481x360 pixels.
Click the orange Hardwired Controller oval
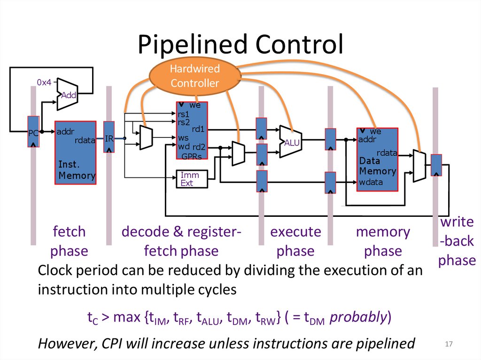point(195,77)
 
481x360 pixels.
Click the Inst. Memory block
point(76,153)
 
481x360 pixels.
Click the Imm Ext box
point(190,179)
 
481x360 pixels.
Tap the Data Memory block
point(377,160)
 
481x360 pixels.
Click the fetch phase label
point(69,241)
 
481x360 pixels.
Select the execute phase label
point(295,241)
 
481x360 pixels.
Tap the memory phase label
point(383,241)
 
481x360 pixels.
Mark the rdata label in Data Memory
point(387,153)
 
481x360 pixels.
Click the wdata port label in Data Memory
point(371,182)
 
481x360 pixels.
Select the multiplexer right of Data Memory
point(419,165)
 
